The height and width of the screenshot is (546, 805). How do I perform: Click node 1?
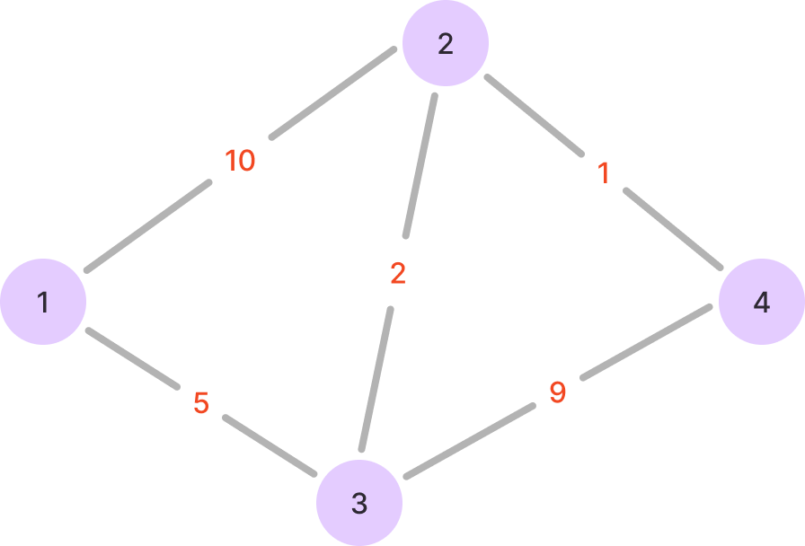coord(43,302)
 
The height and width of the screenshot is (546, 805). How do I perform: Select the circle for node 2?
coord(446,43)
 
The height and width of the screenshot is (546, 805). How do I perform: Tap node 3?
coord(359,503)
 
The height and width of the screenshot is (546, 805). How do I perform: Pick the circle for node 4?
coord(761,302)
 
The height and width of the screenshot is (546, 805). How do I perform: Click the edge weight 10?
coord(240,161)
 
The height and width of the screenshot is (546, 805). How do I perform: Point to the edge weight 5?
coord(201,404)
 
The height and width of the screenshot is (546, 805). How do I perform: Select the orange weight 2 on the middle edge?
coord(398,274)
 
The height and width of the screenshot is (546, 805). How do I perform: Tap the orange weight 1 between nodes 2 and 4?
coord(604,173)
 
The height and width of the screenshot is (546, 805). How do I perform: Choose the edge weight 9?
coord(557,392)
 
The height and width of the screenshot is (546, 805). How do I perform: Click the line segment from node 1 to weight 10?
coord(148,225)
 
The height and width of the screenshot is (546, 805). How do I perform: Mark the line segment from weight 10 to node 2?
coord(332,94)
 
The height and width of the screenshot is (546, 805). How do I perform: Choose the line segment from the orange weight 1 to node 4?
coord(674,229)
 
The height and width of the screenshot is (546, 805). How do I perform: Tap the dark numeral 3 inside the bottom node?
coord(359,504)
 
